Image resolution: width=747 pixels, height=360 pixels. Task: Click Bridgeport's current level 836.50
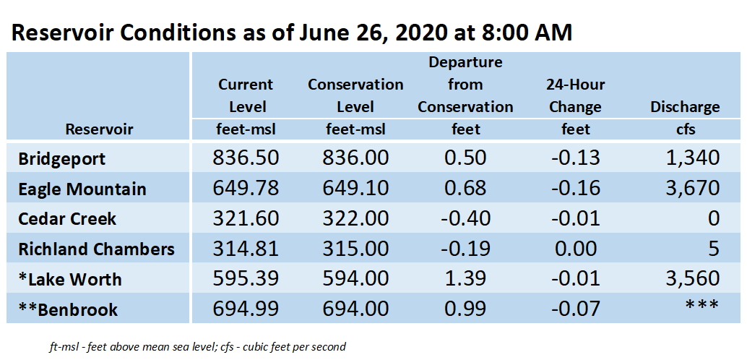point(246,158)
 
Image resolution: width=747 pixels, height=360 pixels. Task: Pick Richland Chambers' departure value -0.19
point(465,249)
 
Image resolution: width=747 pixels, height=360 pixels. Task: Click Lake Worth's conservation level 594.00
point(355,278)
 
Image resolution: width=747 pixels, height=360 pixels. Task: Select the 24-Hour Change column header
point(576,96)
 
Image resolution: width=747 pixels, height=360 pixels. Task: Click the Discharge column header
point(685,107)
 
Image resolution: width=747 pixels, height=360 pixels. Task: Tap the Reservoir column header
point(100,129)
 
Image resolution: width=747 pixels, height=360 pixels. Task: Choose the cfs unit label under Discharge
point(686,129)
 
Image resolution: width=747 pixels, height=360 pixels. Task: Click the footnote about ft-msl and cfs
point(197,347)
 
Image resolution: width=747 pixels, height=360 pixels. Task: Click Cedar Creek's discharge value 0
point(713,219)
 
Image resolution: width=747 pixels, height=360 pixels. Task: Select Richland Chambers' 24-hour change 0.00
point(576,249)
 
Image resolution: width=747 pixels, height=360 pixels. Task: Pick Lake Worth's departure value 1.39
point(465,278)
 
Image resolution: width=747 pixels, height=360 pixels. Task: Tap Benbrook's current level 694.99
point(246,309)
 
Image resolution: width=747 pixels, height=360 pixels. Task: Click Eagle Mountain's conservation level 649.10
point(355,189)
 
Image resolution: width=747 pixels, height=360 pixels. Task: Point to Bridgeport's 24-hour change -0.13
point(576,158)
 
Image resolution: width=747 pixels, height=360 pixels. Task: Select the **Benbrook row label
point(68,309)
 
